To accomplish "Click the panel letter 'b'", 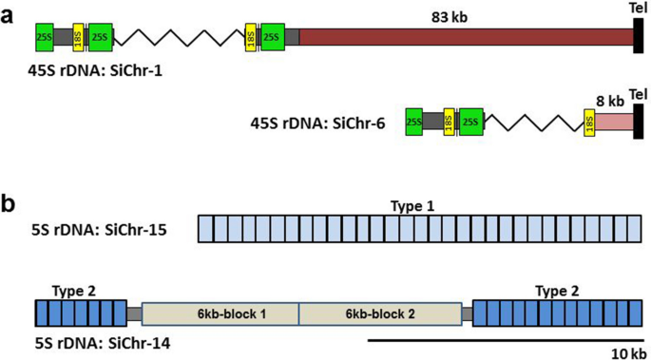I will [10, 202].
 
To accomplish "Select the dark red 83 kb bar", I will [466, 37].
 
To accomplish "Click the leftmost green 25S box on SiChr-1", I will [45, 37].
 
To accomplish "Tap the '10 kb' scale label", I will [622, 352].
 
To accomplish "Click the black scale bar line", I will [504, 338].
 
